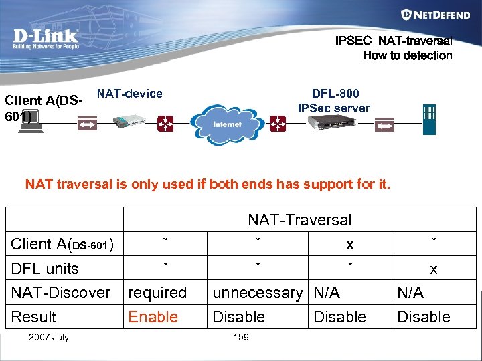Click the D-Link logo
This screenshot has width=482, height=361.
coord(46,39)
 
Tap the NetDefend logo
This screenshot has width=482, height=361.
coord(426,14)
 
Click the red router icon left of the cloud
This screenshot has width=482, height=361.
coord(164,123)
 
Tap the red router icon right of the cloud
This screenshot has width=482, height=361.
coord(277,123)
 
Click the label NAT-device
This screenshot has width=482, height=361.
coord(130,94)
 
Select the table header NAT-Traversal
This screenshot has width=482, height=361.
coord(299,219)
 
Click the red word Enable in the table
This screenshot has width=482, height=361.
coord(153,317)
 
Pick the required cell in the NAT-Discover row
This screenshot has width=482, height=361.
coord(157,293)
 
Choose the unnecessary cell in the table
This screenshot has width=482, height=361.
coord(257,293)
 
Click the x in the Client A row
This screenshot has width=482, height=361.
coord(349,245)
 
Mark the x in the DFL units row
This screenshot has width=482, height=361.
coord(434,269)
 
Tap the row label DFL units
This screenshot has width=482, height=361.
coord(45,269)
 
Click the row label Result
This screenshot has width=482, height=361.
coord(33,317)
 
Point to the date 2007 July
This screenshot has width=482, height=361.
coord(48,337)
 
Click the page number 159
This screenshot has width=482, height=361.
coord(240,337)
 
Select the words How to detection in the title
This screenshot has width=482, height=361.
coord(407,55)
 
